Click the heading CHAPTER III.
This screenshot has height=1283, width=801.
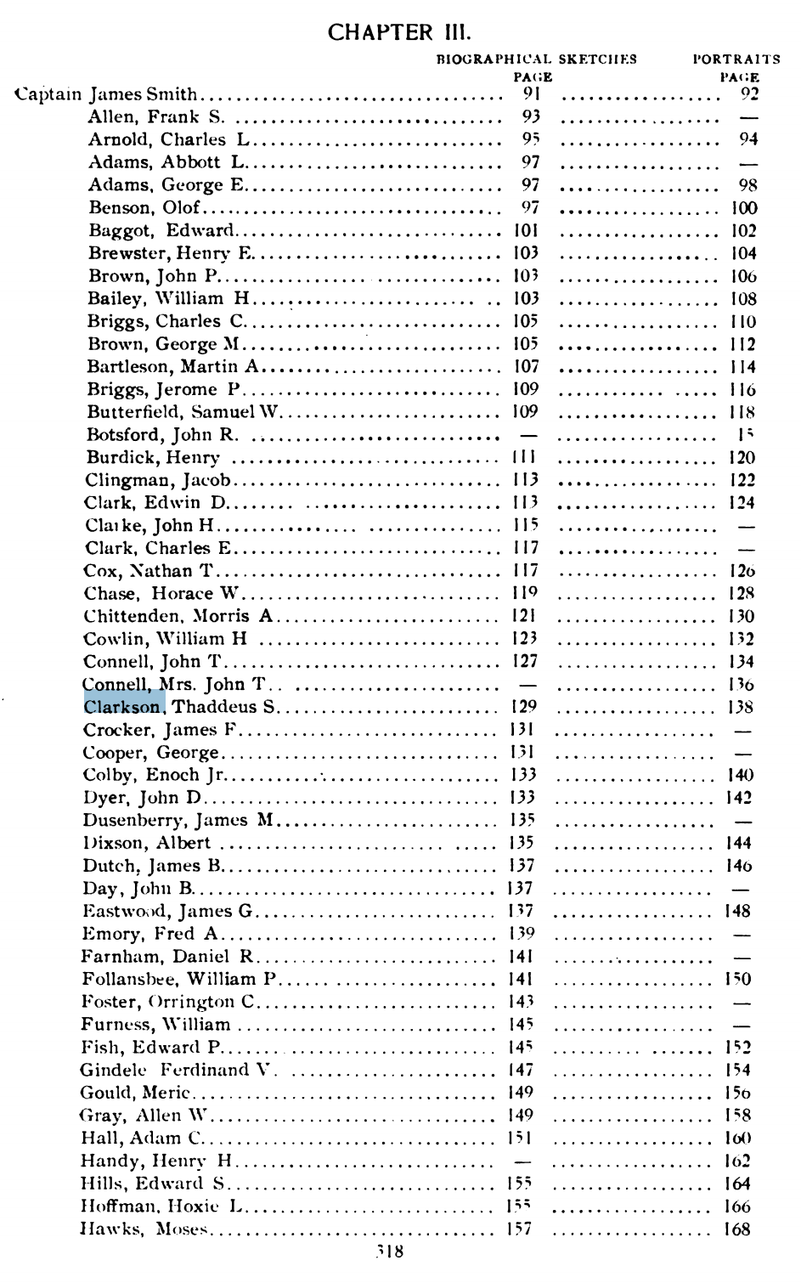[398, 33]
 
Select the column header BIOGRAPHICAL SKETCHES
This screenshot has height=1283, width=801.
[536, 59]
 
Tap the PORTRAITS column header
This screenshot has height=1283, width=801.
[736, 59]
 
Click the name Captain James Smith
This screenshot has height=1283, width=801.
[107, 94]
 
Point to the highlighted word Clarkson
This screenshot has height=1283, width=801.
[123, 707]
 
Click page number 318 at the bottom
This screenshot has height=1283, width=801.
[390, 1251]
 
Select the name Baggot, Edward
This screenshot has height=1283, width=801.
[161, 230]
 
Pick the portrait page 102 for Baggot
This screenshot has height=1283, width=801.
[743, 230]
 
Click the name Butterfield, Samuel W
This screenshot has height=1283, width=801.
[183, 412]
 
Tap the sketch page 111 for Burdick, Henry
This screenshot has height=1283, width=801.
[524, 457]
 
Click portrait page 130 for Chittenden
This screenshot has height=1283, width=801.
[742, 616]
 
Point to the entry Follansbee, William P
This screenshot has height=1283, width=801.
[179, 979]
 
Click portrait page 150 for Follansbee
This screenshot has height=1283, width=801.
[738, 979]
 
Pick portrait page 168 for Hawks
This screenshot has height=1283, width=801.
[737, 1229]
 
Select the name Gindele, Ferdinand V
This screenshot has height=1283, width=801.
[178, 1070]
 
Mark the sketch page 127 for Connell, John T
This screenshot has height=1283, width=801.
[525, 661]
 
